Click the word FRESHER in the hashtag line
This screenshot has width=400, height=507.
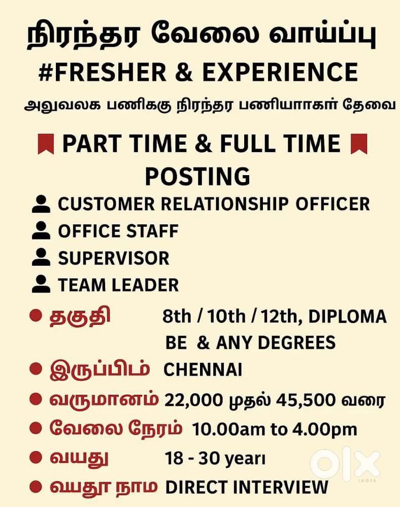click(x=111, y=72)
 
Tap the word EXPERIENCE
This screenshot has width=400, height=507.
click(x=280, y=72)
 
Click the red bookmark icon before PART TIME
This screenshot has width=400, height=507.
click(x=46, y=144)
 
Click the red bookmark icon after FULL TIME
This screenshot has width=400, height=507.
click(x=359, y=144)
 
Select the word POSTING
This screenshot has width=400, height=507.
click(x=197, y=176)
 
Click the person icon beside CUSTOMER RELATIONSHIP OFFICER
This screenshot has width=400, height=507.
click(x=41, y=204)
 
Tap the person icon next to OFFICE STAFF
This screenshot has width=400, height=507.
click(x=41, y=230)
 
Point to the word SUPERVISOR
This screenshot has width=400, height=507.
click(x=114, y=258)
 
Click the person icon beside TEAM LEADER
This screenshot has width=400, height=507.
click(x=41, y=284)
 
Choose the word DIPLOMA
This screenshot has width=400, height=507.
click(x=348, y=316)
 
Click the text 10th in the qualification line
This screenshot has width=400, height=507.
click(x=226, y=316)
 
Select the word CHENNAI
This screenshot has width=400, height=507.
click(x=203, y=369)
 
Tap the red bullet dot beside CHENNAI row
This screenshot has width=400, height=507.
click(x=36, y=369)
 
